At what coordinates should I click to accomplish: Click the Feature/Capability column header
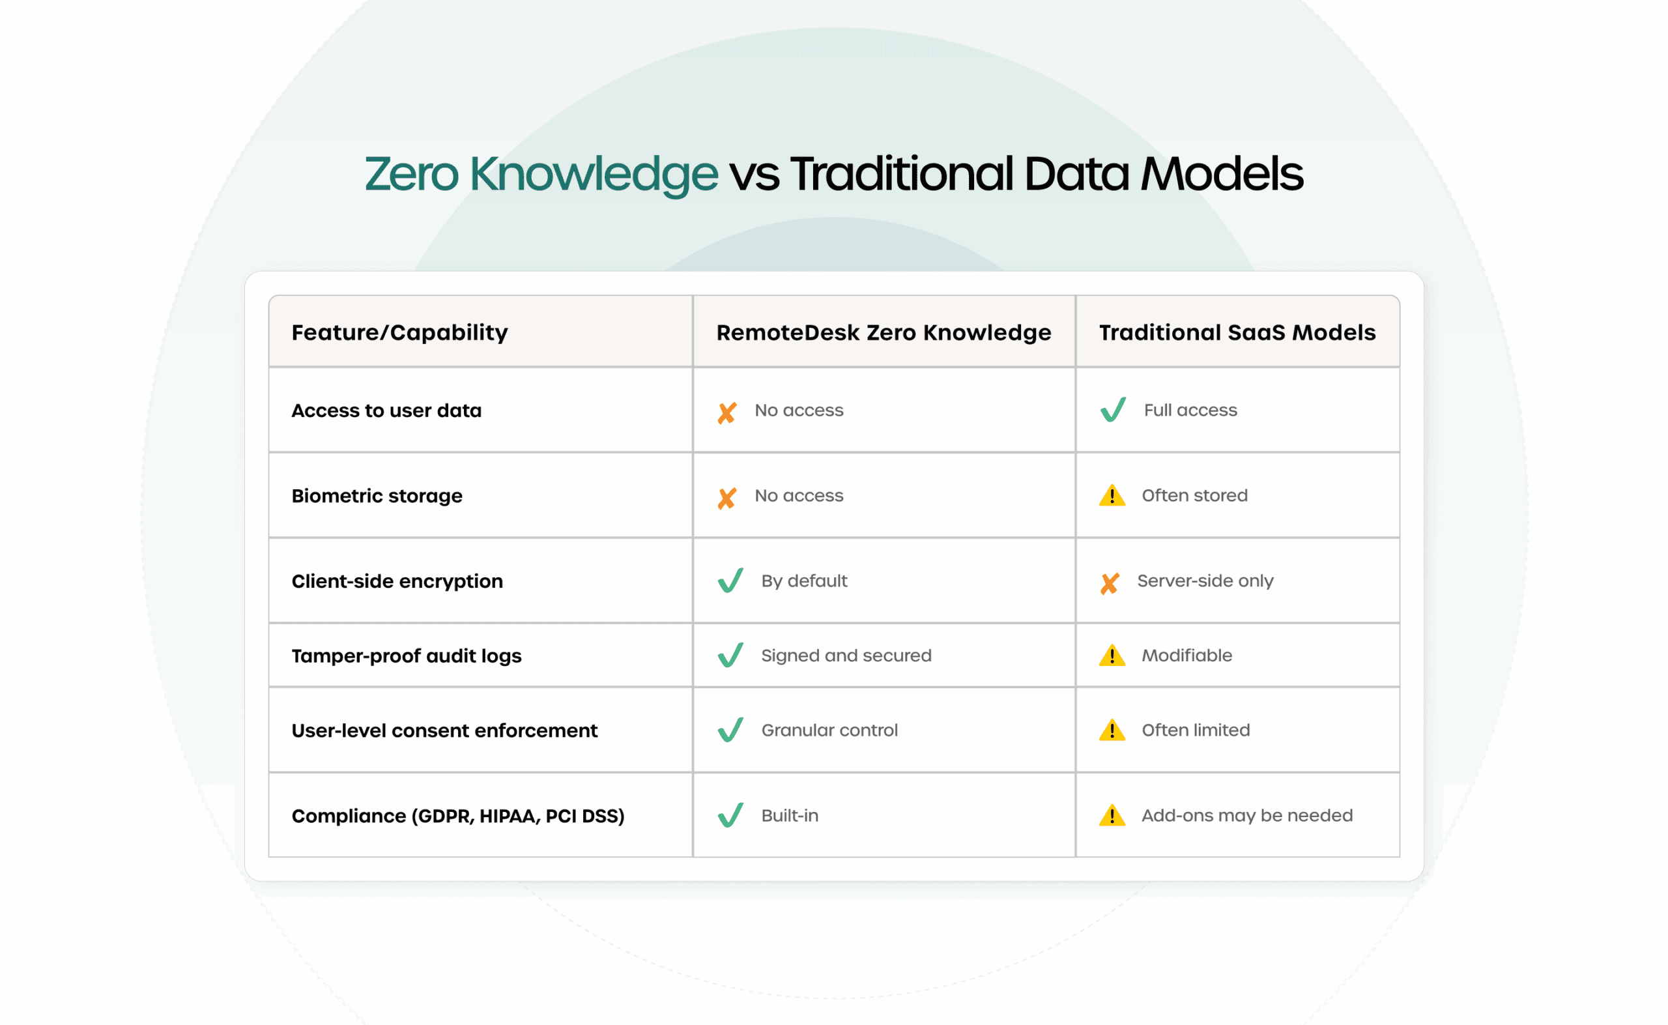pyautogui.click(x=399, y=332)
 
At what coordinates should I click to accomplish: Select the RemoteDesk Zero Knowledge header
pyautogui.click(x=883, y=332)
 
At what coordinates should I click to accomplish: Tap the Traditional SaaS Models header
pyautogui.click(x=1237, y=332)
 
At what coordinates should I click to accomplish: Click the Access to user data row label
pyautogui.click(x=386, y=410)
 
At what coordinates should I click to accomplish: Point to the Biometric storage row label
pyautogui.click(x=377, y=495)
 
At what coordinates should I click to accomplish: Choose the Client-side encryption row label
pyautogui.click(x=397, y=581)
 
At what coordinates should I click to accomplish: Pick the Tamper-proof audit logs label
pyautogui.click(x=407, y=656)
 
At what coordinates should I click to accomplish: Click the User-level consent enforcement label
pyautogui.click(x=444, y=730)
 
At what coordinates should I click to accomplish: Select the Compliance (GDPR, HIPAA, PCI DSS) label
pyautogui.click(x=458, y=816)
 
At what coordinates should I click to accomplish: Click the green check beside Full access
pyautogui.click(x=1113, y=409)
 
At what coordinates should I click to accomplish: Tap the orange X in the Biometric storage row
pyautogui.click(x=727, y=498)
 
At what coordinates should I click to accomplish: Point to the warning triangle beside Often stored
pyautogui.click(x=1112, y=495)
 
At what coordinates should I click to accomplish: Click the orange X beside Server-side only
pyautogui.click(x=1110, y=584)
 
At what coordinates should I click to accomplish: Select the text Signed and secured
pyautogui.click(x=846, y=656)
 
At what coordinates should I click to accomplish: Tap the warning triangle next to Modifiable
pyautogui.click(x=1112, y=656)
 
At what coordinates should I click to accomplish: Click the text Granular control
pyautogui.click(x=829, y=730)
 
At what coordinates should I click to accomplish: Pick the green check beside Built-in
pyautogui.click(x=730, y=815)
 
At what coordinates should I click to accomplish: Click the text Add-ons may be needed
pyautogui.click(x=1247, y=816)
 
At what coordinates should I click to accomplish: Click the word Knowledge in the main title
pyautogui.click(x=594, y=175)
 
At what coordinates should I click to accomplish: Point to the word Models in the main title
pyautogui.click(x=1222, y=173)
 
